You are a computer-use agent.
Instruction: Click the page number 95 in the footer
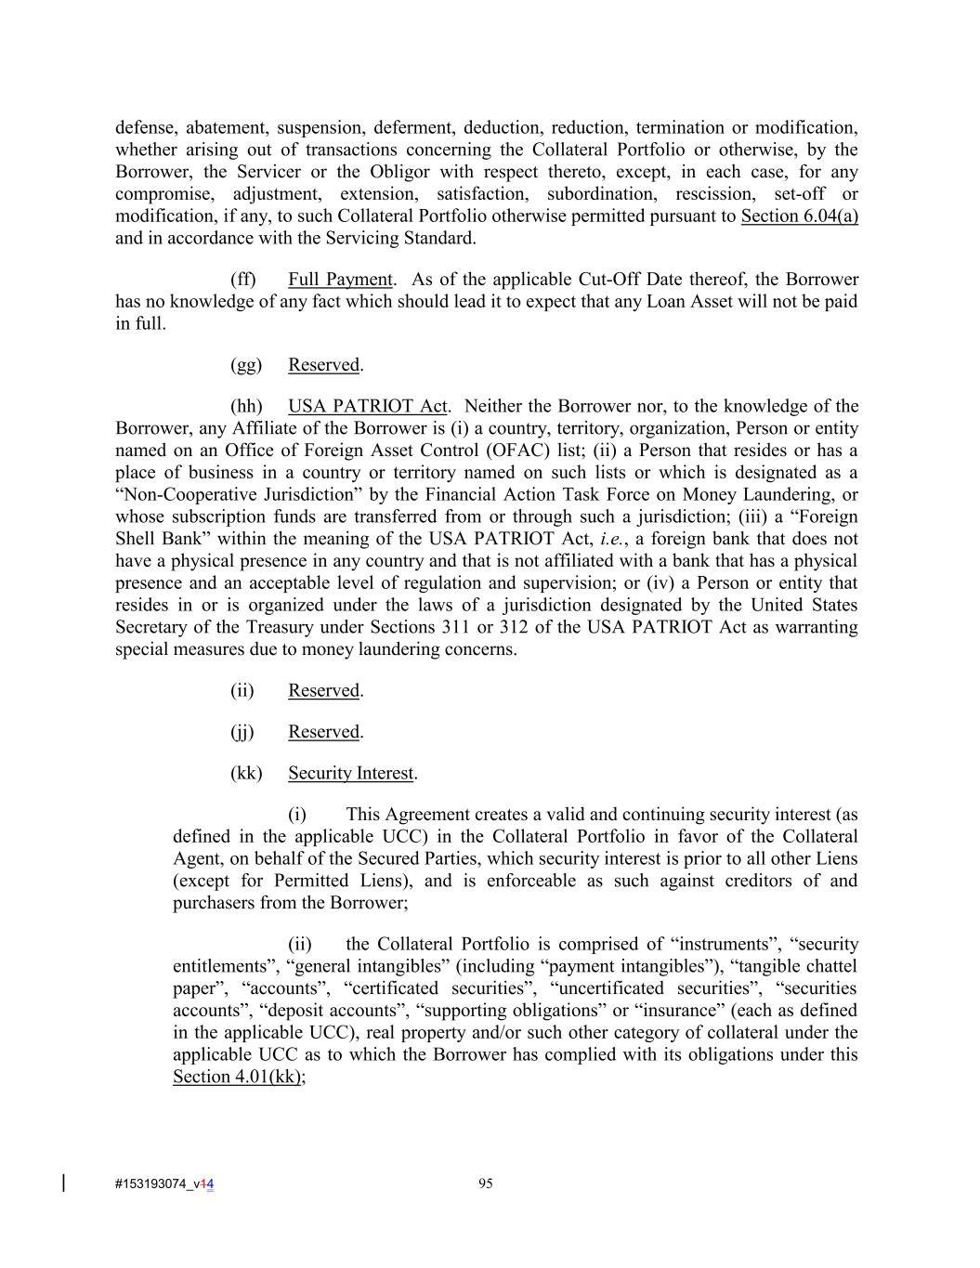[x=485, y=1183]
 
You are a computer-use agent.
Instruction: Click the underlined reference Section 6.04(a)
[x=799, y=216]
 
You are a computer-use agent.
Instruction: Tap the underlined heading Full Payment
[x=340, y=280]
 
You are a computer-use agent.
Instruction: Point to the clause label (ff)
[x=243, y=280]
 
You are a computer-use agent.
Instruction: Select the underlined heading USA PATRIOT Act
[x=368, y=406]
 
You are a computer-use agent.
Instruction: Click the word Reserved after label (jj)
[x=323, y=732]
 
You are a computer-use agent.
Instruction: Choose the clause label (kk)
[x=246, y=773]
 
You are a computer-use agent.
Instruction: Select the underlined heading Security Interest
[x=350, y=773]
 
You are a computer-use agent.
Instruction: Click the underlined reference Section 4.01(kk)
[x=238, y=1077]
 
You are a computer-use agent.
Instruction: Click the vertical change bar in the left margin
[x=63, y=1183]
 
